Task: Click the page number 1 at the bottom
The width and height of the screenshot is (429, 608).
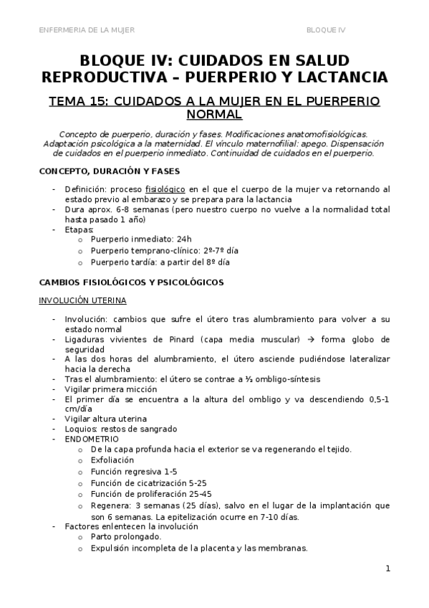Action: [x=387, y=569]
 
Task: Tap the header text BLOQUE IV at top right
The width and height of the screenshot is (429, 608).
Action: [x=326, y=29]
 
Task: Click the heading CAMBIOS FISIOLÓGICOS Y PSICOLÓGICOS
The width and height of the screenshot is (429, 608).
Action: [x=131, y=282]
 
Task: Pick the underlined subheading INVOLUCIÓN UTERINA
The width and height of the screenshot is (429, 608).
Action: [x=82, y=300]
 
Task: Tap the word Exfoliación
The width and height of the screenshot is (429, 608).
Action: [x=113, y=460]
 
